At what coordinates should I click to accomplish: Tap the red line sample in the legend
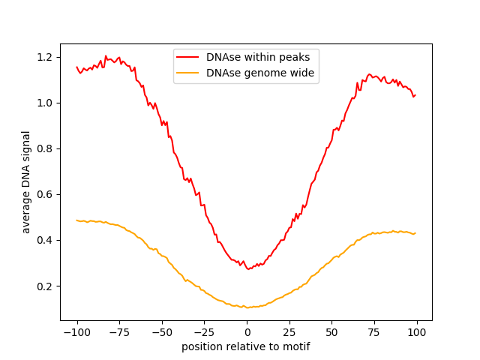point(188,56)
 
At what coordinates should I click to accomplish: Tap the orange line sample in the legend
point(188,73)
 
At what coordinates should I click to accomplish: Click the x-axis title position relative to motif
point(246,346)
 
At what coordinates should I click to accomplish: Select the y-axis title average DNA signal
point(26,182)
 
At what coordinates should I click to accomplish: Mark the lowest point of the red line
point(248,268)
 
